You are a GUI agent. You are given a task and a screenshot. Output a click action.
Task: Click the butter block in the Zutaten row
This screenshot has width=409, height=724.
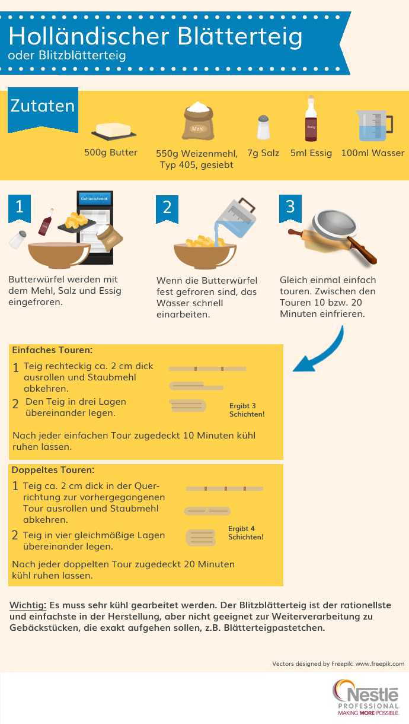(114, 131)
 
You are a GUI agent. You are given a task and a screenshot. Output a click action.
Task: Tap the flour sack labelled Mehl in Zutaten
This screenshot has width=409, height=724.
(198, 120)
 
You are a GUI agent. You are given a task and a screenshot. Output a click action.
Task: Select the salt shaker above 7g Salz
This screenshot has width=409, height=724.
(263, 128)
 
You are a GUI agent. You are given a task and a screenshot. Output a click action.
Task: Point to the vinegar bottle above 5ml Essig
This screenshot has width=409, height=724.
(311, 119)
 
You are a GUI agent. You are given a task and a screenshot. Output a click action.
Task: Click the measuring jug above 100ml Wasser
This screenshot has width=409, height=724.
(374, 126)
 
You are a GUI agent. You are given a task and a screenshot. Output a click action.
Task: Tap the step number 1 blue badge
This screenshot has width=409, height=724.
(20, 208)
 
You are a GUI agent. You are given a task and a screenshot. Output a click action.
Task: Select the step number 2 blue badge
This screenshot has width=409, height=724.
(167, 209)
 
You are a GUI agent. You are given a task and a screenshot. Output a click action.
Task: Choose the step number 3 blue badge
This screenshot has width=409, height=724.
(290, 208)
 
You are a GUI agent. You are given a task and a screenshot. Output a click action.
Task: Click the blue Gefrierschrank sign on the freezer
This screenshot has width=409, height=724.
(94, 199)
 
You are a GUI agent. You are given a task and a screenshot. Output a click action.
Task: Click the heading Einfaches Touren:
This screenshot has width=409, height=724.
(52, 350)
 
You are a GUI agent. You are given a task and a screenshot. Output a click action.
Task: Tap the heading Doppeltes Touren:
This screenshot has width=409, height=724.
(53, 470)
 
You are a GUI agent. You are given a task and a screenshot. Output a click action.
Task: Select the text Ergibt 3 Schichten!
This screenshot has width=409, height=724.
(247, 410)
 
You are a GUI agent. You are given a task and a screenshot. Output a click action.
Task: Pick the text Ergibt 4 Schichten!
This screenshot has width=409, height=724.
(245, 533)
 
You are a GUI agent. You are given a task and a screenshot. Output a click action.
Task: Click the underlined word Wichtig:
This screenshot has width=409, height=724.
(28, 605)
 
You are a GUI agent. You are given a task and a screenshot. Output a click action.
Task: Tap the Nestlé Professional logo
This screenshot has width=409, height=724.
(366, 697)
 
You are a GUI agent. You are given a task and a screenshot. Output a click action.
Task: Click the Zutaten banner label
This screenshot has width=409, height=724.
(43, 106)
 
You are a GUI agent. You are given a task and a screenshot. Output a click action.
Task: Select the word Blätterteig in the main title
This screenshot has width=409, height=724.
(240, 37)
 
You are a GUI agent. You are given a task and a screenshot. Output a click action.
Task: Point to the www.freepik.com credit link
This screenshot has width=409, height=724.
(380, 664)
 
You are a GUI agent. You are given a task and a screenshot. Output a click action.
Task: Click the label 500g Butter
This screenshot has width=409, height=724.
(111, 153)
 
